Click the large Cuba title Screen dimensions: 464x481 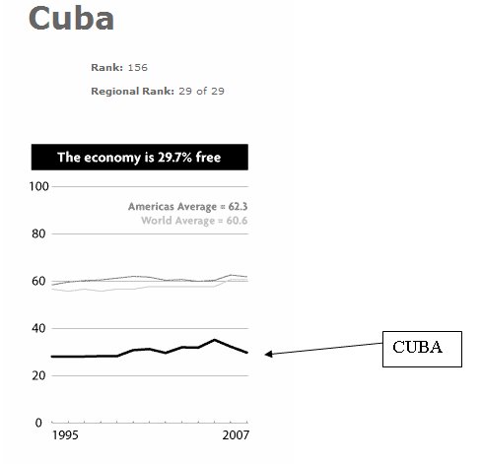[71, 19]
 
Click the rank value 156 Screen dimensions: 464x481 [137, 67]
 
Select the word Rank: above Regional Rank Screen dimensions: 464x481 [106, 67]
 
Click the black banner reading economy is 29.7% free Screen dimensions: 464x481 [139, 157]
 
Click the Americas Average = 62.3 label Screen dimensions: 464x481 [187, 207]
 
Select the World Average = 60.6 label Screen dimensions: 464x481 [193, 221]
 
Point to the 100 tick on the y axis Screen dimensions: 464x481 [40, 186]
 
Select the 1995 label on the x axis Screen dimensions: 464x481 [66, 434]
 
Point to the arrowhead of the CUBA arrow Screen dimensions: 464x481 [268, 354]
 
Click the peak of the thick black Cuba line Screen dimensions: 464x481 [215, 340]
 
